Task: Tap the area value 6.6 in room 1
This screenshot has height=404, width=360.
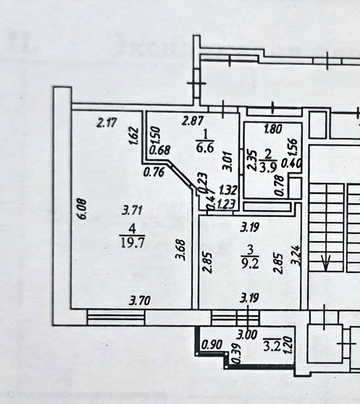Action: [x=205, y=148]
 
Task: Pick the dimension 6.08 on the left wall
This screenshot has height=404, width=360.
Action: [x=82, y=209]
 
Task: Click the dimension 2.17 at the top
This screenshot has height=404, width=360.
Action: [x=106, y=123]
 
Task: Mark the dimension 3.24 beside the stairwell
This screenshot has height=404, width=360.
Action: [x=296, y=255]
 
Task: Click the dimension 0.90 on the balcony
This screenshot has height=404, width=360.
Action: [x=211, y=345]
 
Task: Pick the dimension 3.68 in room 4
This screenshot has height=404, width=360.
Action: [x=181, y=250]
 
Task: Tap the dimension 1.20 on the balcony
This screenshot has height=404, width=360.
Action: [x=288, y=346]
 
